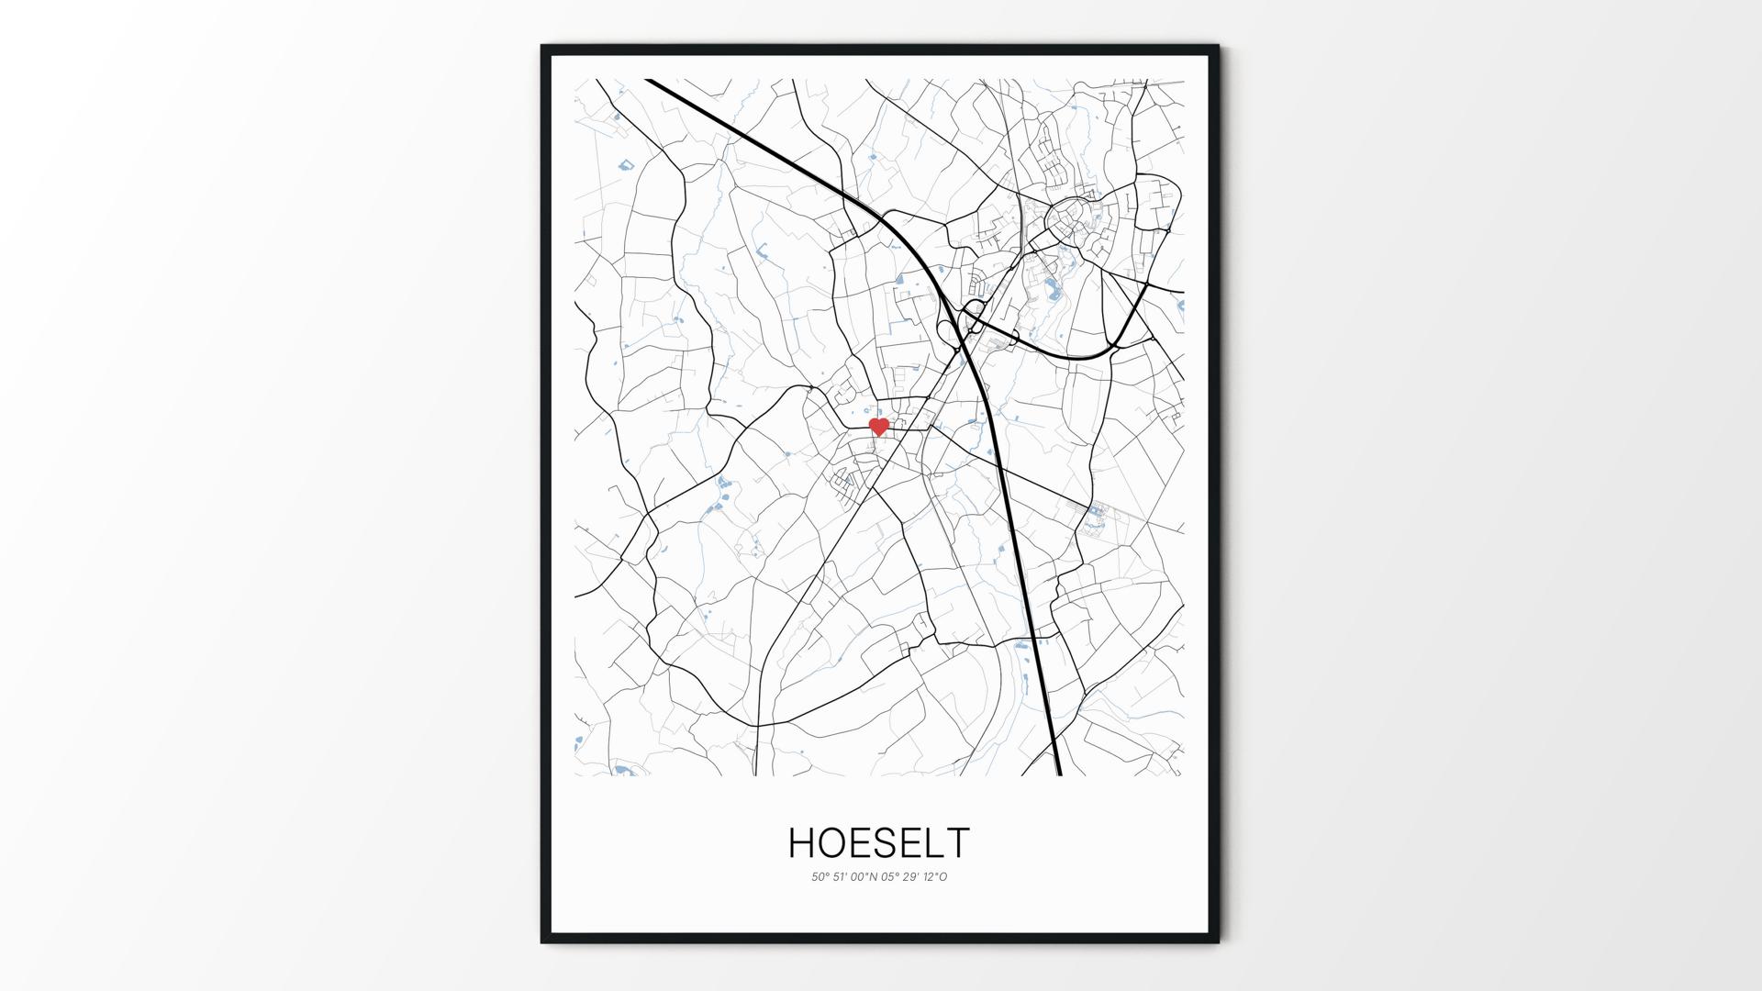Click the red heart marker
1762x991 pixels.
coord(879,427)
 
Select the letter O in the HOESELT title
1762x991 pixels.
coord(835,843)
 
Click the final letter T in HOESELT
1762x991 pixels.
coord(959,843)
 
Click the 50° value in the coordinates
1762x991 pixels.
coord(820,877)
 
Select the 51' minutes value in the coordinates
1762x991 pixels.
coord(841,877)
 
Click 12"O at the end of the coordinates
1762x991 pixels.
coord(936,877)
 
